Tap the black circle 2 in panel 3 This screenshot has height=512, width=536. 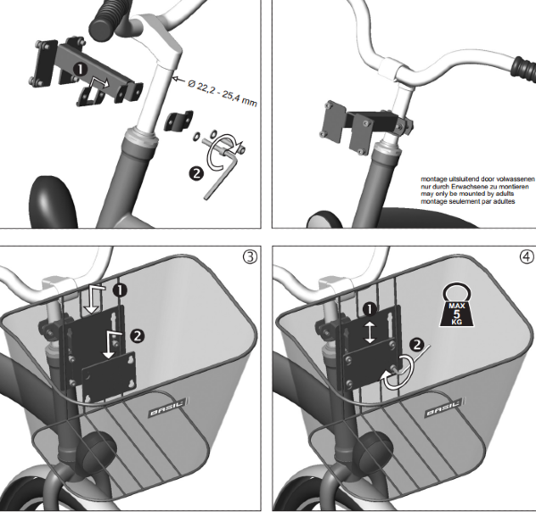click(137, 336)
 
